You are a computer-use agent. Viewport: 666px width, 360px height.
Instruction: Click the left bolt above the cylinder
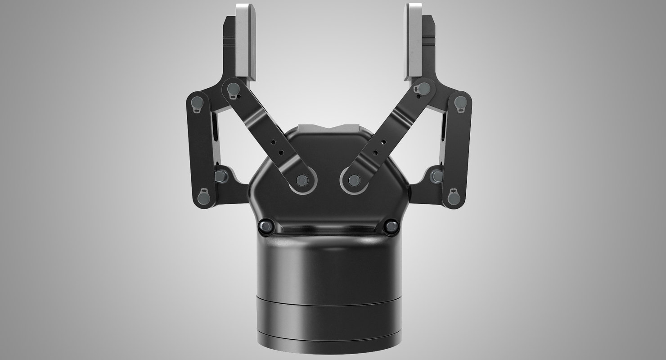point(266,226)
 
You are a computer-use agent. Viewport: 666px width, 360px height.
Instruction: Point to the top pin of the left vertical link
point(197,103)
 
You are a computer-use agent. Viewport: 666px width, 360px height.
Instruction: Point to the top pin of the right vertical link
point(460,103)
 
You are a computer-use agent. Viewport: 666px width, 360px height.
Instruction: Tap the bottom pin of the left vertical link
point(203,196)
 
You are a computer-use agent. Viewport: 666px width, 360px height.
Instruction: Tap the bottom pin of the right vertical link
point(454,196)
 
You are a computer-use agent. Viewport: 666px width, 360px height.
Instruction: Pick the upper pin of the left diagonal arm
point(233,90)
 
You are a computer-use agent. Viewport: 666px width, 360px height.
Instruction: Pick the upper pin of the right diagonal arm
point(423,89)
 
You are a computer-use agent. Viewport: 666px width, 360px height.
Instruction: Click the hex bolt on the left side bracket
point(221,175)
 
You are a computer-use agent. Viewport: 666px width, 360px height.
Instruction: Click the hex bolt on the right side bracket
point(436,175)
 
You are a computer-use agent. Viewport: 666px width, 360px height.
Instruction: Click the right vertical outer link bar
point(457,148)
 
